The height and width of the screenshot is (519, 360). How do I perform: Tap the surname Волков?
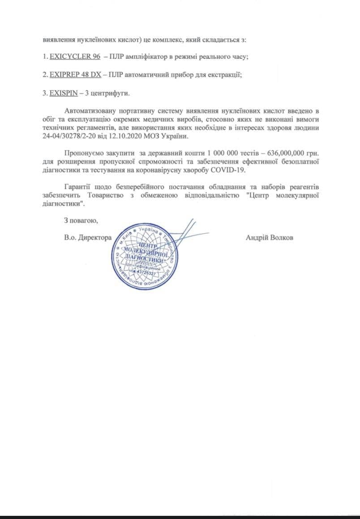click(x=282, y=238)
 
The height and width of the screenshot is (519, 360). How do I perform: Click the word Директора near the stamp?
click(x=95, y=238)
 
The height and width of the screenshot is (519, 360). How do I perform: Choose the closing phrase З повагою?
click(x=81, y=220)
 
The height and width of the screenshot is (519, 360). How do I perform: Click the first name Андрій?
click(x=257, y=238)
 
